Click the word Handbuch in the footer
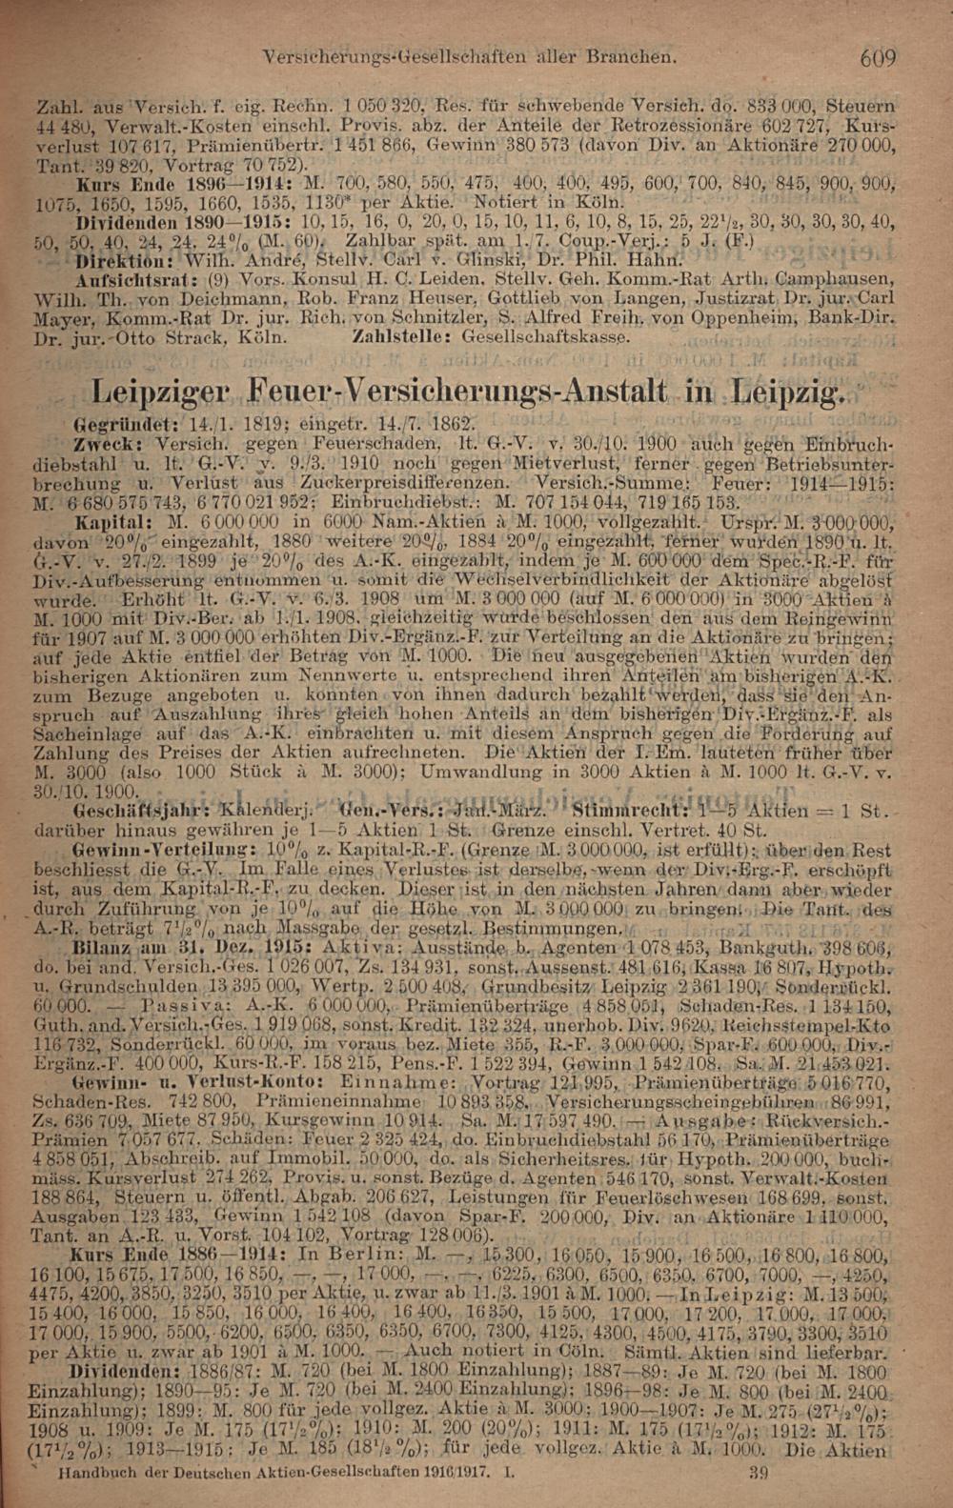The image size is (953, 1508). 90,1472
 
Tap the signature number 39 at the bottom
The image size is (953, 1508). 760,1472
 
